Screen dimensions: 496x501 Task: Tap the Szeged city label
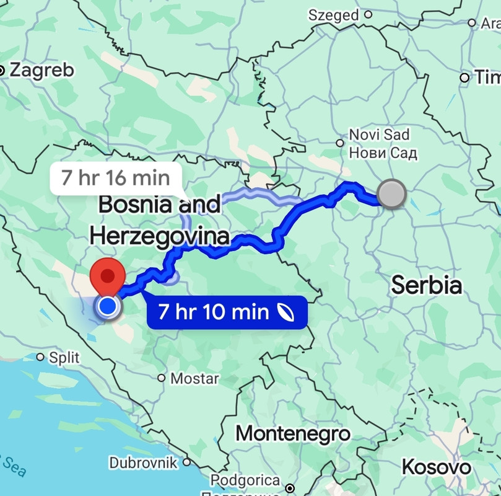click(x=334, y=14)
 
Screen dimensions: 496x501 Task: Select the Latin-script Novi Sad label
click(x=380, y=135)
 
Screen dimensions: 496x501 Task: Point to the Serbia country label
click(x=427, y=285)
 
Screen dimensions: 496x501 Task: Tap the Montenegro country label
click(x=293, y=433)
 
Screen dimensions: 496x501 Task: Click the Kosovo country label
click(x=436, y=466)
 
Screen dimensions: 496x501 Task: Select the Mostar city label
click(x=194, y=378)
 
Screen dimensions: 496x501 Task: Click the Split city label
click(x=64, y=358)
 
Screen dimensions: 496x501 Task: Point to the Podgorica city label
click(x=245, y=480)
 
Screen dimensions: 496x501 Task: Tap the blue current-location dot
click(x=108, y=306)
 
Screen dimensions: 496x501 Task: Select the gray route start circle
click(x=391, y=194)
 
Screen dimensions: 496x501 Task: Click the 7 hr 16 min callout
click(x=116, y=178)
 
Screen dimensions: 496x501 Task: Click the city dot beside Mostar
click(x=161, y=378)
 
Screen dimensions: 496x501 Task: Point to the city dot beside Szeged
click(x=368, y=14)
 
